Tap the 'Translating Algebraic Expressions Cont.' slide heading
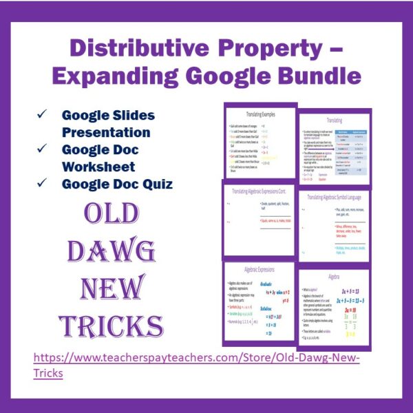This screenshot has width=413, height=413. click(x=264, y=192)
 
